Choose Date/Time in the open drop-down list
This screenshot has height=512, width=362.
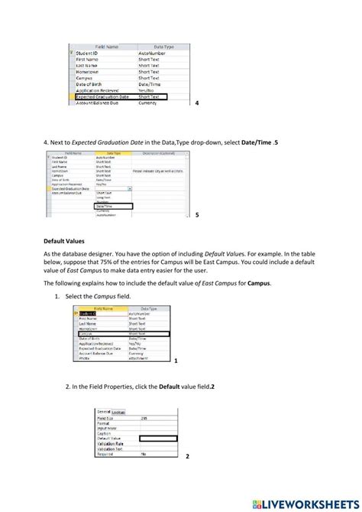[112, 206]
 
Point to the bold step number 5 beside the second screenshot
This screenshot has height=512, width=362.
[197, 215]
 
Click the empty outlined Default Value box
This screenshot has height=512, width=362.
[155, 439]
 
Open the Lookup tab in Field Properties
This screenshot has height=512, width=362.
[119, 412]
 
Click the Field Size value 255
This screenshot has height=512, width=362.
[144, 419]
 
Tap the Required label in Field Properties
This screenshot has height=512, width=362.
[105, 454]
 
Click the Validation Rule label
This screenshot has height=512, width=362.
[110, 443]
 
